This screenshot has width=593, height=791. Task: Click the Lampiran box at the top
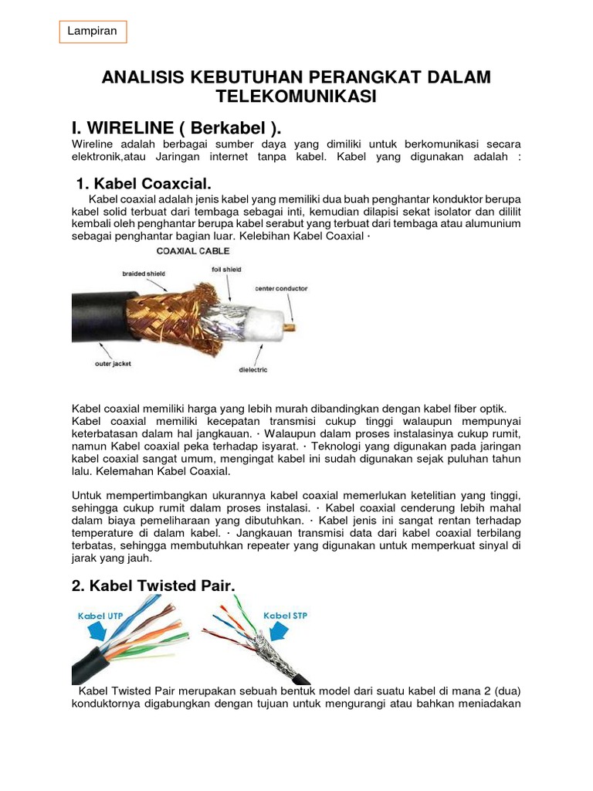click(92, 32)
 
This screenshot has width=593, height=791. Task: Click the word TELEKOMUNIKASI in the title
click(296, 97)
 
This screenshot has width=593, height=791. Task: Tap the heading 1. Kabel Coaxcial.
click(144, 184)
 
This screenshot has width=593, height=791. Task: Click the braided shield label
click(143, 273)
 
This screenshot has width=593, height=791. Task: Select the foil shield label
click(226, 270)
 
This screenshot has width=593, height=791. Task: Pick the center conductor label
click(281, 288)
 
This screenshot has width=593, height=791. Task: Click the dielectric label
click(252, 369)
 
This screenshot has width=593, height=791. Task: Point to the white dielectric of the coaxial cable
click(263, 323)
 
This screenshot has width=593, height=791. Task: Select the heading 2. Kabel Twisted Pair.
click(152, 586)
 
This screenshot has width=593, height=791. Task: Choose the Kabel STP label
click(286, 616)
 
